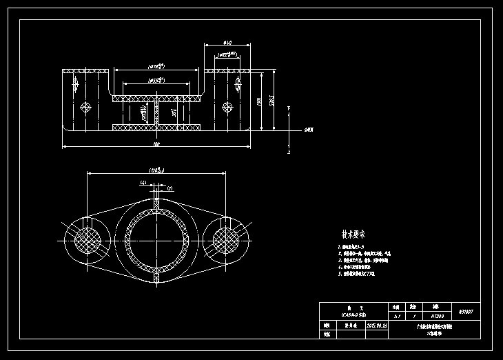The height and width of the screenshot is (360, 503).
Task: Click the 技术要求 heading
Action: [x=353, y=234]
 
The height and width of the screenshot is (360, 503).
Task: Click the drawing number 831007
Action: [x=466, y=311]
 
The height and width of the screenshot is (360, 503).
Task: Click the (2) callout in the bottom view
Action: [x=170, y=188]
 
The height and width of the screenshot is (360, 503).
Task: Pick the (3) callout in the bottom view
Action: [x=143, y=183]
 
